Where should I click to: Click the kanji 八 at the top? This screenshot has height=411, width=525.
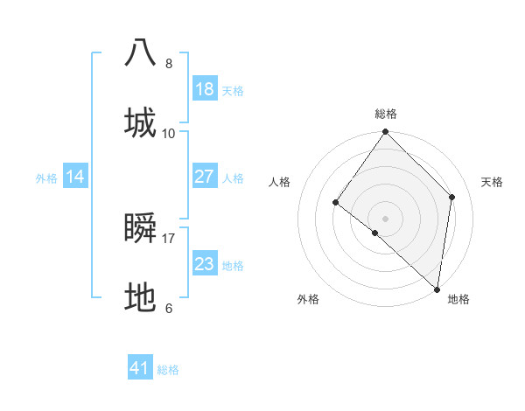point(141,52)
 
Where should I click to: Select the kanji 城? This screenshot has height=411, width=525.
point(141,122)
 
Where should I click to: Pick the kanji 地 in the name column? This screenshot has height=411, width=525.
point(141,298)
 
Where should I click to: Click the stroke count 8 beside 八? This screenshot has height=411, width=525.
point(169,63)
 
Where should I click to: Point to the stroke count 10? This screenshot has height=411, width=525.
point(169,133)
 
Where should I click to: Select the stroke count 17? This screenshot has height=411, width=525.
point(169,238)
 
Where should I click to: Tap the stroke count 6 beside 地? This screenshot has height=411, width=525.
point(169,308)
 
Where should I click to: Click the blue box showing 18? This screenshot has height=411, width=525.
point(204,89)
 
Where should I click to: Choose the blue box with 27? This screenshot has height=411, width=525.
point(204,177)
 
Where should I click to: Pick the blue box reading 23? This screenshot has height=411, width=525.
point(204,264)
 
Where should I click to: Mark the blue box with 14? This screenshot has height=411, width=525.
point(75,177)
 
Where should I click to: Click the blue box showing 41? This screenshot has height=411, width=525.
point(140,368)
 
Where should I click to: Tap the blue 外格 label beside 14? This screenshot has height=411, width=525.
point(46,178)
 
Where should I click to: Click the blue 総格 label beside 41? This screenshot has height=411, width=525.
point(168,369)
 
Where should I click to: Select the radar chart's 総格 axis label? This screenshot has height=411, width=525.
point(386,114)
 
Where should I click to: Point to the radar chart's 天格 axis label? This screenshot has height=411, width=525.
point(493,182)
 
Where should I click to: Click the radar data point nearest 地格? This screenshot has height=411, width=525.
point(437,289)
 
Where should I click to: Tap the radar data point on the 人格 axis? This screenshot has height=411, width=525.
point(335,202)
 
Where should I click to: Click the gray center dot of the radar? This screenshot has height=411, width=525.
point(386,218)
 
